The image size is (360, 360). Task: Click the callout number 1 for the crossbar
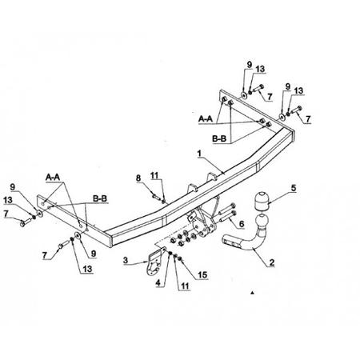click(x=199, y=154)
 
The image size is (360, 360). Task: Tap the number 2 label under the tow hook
click(x=272, y=262)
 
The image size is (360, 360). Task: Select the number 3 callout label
click(x=126, y=260)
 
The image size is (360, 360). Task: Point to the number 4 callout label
click(x=158, y=283)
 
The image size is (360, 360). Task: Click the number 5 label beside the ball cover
click(x=294, y=188)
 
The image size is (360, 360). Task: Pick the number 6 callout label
click(x=242, y=224)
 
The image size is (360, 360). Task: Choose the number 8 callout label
click(x=138, y=178)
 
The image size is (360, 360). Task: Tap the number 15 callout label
click(x=202, y=275)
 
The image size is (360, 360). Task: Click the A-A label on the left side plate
click(x=53, y=177)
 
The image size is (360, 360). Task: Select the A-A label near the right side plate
click(x=206, y=119)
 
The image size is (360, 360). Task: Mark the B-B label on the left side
click(x=100, y=198)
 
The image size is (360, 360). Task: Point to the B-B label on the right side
click(x=219, y=138)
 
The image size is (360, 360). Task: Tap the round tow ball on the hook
click(x=262, y=222)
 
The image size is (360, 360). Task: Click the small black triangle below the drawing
click(x=252, y=293)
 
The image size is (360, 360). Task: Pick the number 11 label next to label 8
click(x=154, y=176)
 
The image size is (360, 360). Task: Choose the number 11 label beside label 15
click(x=185, y=286)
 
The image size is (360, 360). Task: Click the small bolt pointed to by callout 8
click(x=155, y=197)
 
